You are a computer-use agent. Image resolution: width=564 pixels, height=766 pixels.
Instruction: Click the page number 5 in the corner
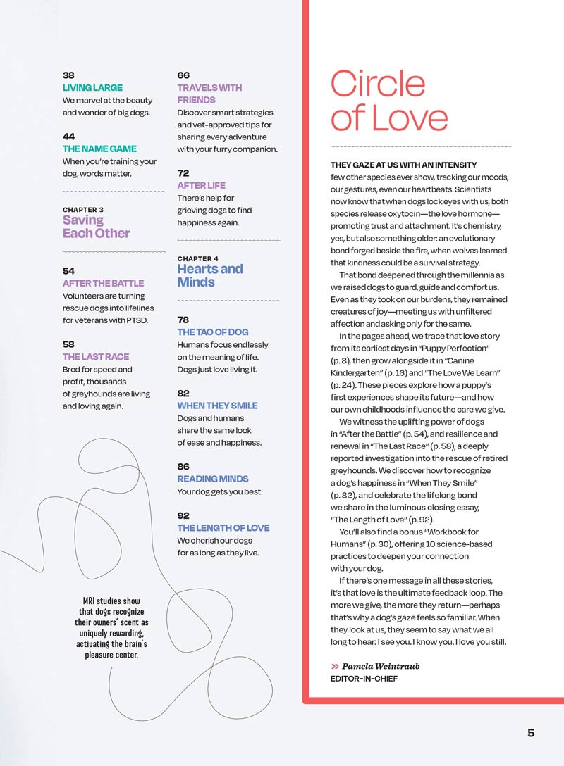pyautogui.click(x=530, y=733)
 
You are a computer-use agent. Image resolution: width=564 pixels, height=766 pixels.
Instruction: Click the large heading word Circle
pyautogui.click(x=378, y=85)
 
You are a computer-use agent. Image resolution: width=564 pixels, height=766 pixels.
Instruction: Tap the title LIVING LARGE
pyautogui.click(x=92, y=88)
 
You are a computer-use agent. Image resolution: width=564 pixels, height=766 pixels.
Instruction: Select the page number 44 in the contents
pyautogui.click(x=69, y=137)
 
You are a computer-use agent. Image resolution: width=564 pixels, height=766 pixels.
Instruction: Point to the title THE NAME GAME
pyautogui.click(x=99, y=149)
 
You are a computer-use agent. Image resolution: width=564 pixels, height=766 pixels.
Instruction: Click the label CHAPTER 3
pyautogui.click(x=83, y=210)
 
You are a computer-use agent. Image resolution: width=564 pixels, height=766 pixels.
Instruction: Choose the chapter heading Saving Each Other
pyautogui.click(x=96, y=227)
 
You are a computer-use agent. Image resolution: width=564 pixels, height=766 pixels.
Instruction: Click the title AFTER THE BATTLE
pyautogui.click(x=103, y=284)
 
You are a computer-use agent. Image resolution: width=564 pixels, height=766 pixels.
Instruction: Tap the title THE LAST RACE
pyautogui.click(x=96, y=357)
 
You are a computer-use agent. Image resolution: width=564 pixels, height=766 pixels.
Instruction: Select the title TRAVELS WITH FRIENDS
pyautogui.click(x=209, y=94)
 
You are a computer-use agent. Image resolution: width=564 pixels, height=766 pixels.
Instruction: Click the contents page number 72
pyautogui.click(x=183, y=173)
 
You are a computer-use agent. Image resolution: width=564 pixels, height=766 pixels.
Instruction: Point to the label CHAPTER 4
pyautogui.click(x=197, y=259)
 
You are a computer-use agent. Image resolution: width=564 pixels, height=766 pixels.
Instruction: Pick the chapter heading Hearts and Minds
pyautogui.click(x=209, y=275)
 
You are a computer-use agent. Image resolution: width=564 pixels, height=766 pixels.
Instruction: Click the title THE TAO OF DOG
pyautogui.click(x=212, y=332)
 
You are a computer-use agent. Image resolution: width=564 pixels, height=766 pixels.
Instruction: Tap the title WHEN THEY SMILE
pyautogui.click(x=217, y=406)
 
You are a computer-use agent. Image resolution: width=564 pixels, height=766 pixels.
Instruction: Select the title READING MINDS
pyautogui.click(x=212, y=479)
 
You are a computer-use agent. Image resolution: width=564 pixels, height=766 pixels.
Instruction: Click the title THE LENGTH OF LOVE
pyautogui.click(x=223, y=528)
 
